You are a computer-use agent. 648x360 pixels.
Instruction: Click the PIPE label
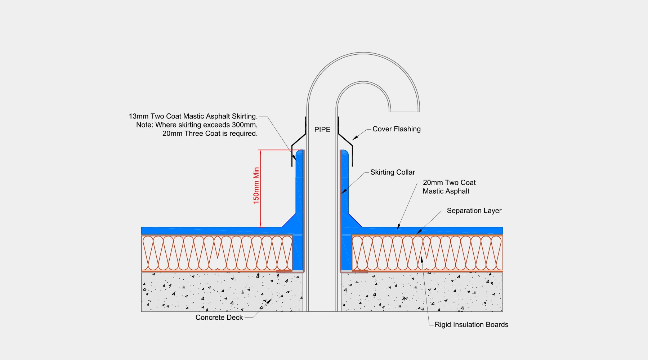tap(322, 130)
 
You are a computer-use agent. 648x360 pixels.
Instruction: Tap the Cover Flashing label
tap(396, 129)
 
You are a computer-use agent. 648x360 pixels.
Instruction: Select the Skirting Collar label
tap(392, 172)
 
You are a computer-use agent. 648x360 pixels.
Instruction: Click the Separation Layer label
tap(474, 211)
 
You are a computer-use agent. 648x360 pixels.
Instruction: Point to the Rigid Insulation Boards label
tap(471, 324)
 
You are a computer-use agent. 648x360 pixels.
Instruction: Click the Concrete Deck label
tap(219, 318)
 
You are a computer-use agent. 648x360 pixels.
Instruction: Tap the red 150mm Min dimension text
tap(256, 185)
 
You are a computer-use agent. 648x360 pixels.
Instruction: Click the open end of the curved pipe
tap(405, 111)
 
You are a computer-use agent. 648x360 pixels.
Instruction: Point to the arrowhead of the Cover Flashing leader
tap(354, 138)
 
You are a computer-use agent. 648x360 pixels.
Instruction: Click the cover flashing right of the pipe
tap(347, 142)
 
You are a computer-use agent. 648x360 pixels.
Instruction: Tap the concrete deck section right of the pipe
tap(421, 292)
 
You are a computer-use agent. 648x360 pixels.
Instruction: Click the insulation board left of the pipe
tap(216, 253)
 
